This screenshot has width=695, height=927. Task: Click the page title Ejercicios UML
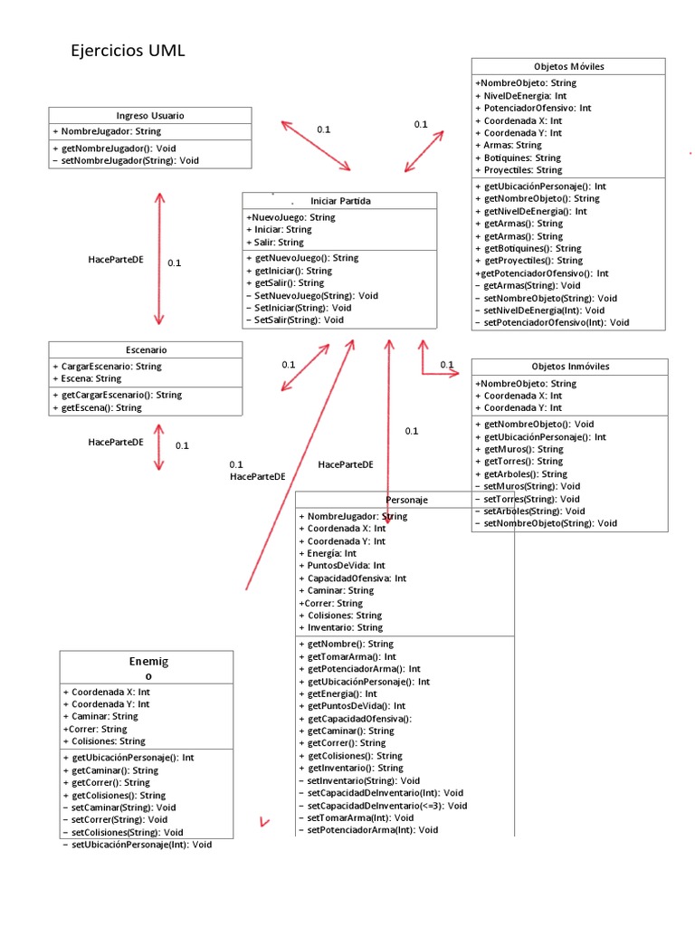point(128,52)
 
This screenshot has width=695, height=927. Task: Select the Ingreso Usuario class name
point(150,116)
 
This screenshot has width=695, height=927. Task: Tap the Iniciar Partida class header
point(340,201)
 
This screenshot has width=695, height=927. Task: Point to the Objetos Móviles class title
point(569,67)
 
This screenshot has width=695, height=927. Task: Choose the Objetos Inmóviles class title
point(570,367)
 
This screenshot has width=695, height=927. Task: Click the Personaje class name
point(406,500)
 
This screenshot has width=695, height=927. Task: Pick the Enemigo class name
point(148,669)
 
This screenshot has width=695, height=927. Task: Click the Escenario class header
point(146,349)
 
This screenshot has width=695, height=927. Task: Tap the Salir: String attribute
point(274,243)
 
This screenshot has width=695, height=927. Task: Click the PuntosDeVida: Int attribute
point(346,565)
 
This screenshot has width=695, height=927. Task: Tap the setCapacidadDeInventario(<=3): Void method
point(386,805)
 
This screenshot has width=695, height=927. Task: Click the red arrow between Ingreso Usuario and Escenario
point(160,258)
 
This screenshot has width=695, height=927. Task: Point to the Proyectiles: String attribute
point(522,170)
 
